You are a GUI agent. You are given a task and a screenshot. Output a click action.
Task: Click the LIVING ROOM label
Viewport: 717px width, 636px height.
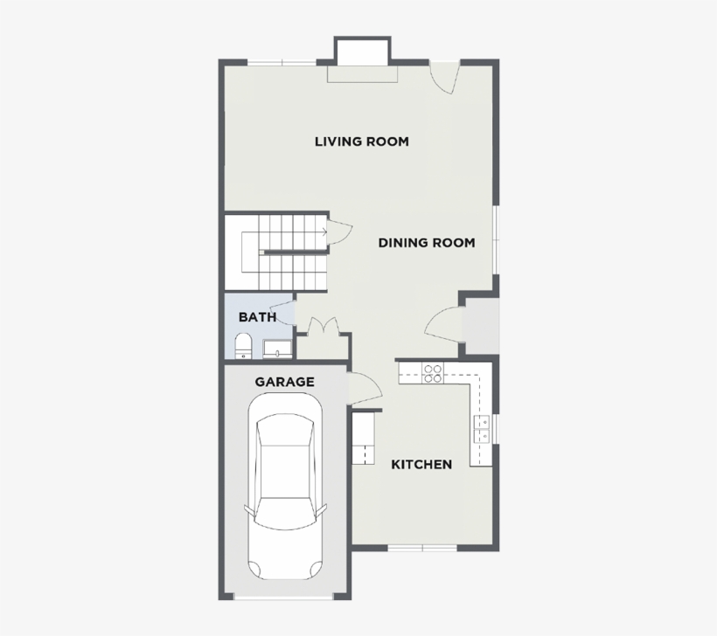pyautogui.click(x=361, y=142)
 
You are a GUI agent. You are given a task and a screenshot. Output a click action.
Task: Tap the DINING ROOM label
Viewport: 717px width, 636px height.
pyautogui.click(x=427, y=243)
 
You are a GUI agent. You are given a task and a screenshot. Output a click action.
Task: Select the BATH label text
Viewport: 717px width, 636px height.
pyautogui.click(x=257, y=317)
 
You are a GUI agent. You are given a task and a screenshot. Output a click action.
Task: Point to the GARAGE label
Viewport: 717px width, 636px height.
pyautogui.click(x=284, y=382)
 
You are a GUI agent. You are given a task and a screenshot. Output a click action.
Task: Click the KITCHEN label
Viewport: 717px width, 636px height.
pyautogui.click(x=421, y=464)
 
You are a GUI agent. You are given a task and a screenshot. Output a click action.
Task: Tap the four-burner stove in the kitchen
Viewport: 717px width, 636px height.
pyautogui.click(x=432, y=373)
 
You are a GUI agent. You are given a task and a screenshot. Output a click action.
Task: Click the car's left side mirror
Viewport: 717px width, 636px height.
pyautogui.click(x=248, y=509)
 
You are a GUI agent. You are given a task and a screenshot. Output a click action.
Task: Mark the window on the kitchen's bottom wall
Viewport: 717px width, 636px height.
pyautogui.click(x=423, y=548)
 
